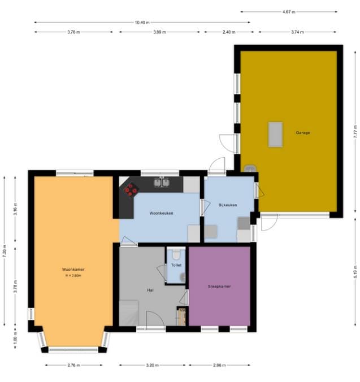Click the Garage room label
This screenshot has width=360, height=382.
pyautogui.click(x=302, y=133)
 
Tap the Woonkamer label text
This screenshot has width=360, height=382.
pyautogui.click(x=73, y=270)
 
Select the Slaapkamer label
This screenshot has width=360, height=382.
pyautogui.click(x=219, y=286)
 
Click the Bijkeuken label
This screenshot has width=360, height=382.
pyautogui.click(x=227, y=205)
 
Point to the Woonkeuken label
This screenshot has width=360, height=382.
pyautogui.click(x=161, y=213)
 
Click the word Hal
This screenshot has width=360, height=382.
pyautogui.click(x=150, y=290)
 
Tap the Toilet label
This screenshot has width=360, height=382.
pyautogui.click(x=176, y=264)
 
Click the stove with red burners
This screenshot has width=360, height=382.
pyautogui.click(x=131, y=190)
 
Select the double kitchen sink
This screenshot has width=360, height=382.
pyautogui.click(x=162, y=182)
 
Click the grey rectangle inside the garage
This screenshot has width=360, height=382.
pyautogui.click(x=275, y=134)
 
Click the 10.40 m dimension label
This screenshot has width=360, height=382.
pyautogui.click(x=141, y=23)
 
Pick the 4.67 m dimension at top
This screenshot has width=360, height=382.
pyautogui.click(x=289, y=11)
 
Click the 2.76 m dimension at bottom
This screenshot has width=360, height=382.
pyautogui.click(x=73, y=366)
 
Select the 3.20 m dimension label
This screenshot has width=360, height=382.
pyautogui.click(x=150, y=366)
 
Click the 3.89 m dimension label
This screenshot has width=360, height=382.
pyautogui.click(x=159, y=32)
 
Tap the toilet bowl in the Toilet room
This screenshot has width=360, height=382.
pyautogui.click(x=176, y=254)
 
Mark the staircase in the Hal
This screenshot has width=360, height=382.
pyautogui.click(x=129, y=312)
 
